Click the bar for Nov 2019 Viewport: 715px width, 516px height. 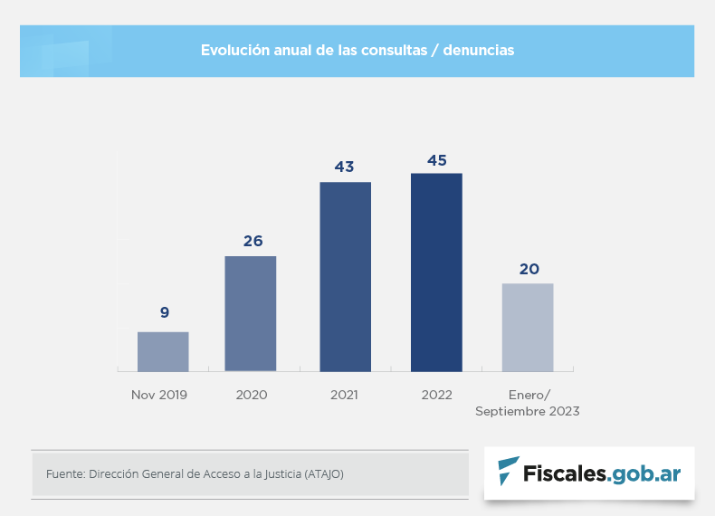point(163,351)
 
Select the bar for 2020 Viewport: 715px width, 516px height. point(251,313)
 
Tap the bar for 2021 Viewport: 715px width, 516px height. point(345,276)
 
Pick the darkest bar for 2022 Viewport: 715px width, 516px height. point(436,272)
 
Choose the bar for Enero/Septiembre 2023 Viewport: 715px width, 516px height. point(528,327)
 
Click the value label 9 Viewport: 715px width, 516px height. point(165,312)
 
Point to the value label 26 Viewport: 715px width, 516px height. point(253,241)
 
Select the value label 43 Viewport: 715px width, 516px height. point(344,167)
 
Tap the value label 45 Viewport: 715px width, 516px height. point(437,160)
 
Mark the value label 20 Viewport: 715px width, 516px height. point(529,269)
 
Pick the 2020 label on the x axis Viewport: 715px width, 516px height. point(252,395)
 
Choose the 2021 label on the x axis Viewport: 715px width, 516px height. point(344,395)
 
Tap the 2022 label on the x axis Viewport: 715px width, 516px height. point(437,395)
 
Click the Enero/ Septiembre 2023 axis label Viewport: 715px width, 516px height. point(528,403)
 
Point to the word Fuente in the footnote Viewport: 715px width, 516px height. point(63,473)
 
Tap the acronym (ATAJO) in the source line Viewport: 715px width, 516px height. point(324,473)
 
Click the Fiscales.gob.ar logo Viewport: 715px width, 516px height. point(589,472)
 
